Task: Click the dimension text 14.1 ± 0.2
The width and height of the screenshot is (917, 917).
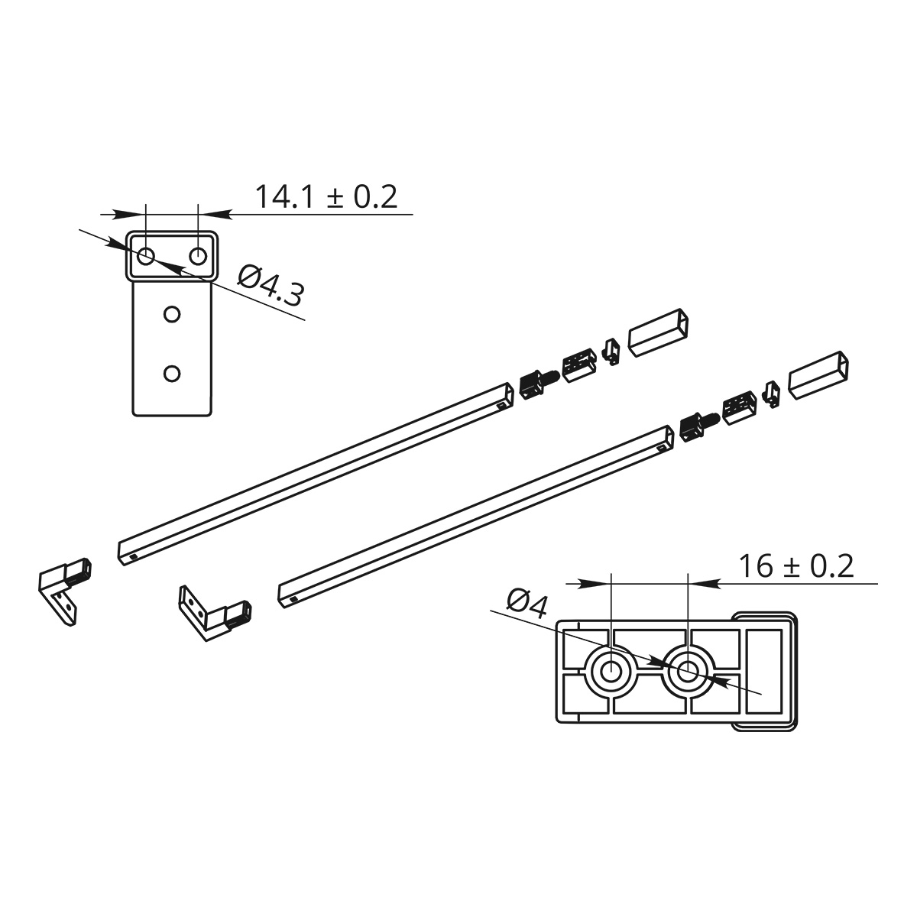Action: point(326,196)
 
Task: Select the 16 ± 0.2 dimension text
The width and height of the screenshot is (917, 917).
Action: point(796,566)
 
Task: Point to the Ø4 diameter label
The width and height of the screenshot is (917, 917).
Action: point(527,604)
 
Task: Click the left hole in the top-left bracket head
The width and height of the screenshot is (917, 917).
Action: point(146,257)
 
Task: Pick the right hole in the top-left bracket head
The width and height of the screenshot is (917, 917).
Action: point(198,257)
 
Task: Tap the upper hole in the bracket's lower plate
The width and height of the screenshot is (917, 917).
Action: point(172,315)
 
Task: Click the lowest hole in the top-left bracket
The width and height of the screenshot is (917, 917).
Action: point(172,374)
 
